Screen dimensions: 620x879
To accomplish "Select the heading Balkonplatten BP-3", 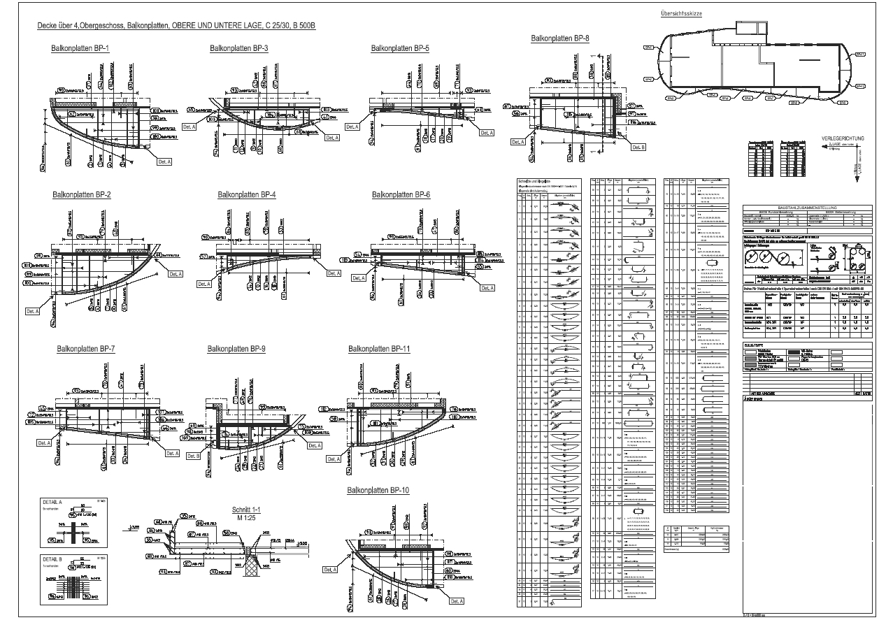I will click(x=239, y=48).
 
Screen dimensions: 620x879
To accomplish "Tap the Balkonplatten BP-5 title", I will click(x=400, y=48).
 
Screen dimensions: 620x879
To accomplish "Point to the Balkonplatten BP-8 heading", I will click(x=560, y=38).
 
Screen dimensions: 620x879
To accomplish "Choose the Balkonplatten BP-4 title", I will click(x=247, y=194).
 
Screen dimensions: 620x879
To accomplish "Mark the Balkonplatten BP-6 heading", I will click(x=401, y=194).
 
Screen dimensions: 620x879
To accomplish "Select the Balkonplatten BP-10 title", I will click(x=378, y=491).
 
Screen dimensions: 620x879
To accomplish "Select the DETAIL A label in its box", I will click(x=53, y=503).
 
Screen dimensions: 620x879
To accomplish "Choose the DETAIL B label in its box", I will click(x=53, y=560).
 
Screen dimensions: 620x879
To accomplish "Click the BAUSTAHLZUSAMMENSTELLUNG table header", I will click(x=806, y=206).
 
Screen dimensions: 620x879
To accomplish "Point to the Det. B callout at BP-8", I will click(x=638, y=147).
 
